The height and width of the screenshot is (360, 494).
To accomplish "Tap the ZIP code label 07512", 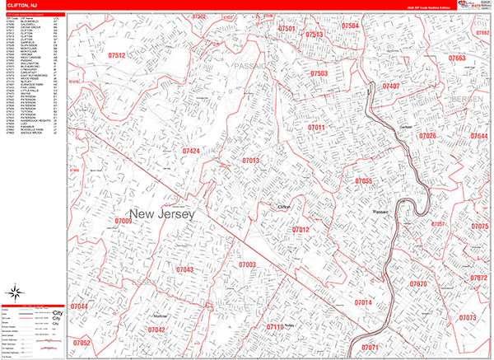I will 116,55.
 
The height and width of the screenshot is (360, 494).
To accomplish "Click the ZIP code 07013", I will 251,161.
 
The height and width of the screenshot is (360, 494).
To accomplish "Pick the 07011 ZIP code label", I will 317,129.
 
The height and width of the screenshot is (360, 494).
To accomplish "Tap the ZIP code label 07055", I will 364,180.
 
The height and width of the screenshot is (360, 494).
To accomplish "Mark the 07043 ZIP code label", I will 184,269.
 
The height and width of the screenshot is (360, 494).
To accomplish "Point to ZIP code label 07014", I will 363,303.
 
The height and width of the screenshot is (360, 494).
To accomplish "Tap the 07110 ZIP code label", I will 274,327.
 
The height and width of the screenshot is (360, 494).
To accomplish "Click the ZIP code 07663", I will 457,59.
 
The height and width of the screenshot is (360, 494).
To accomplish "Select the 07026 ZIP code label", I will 428,136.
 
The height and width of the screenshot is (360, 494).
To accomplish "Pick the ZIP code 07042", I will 156,330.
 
